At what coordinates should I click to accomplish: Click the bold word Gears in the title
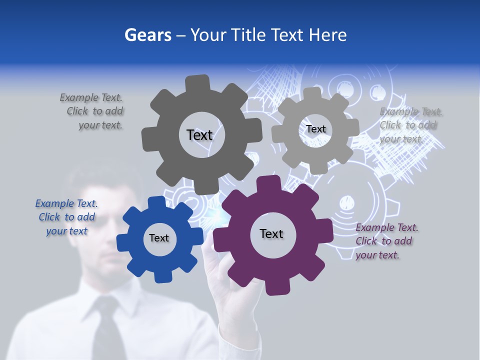[148, 35]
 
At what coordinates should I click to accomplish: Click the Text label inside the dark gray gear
[199, 135]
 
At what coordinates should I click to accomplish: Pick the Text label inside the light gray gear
[315, 129]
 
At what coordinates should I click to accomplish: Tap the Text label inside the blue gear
[159, 238]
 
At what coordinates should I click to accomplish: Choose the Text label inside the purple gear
[271, 234]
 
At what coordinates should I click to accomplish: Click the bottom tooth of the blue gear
[161, 276]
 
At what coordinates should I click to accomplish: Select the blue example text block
[66, 217]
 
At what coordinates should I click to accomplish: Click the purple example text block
[386, 241]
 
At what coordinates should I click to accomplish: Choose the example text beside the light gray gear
[410, 125]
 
